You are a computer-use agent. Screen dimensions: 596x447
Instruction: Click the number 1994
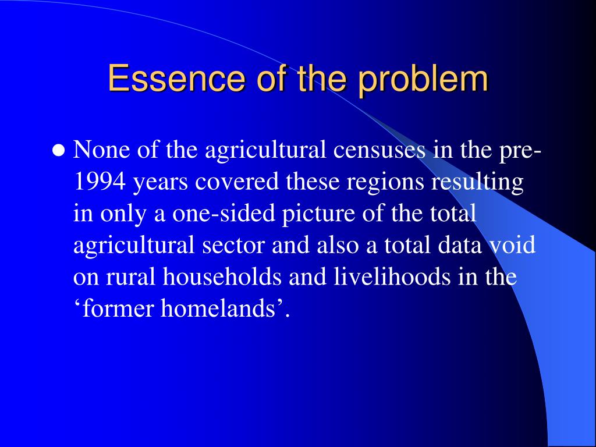pyautogui.click(x=99, y=182)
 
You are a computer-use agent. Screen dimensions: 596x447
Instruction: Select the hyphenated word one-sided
pyautogui.click(x=223, y=213)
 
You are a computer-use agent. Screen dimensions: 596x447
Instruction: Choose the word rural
pyautogui.click(x=130, y=276)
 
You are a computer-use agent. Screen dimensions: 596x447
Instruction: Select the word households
pyautogui.click(x=222, y=276)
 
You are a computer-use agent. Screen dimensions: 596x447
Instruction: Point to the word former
pyautogui.click(x=118, y=308)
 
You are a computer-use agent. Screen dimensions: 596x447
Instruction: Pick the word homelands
pyautogui.click(x=218, y=308)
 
